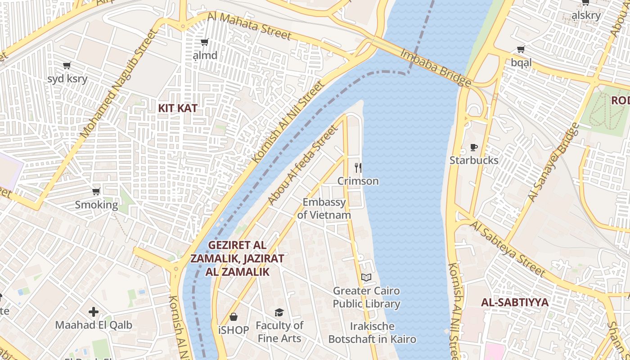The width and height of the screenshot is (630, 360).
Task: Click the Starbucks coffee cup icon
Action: [x=473, y=147]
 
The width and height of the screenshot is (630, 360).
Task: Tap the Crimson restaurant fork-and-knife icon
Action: [x=358, y=168]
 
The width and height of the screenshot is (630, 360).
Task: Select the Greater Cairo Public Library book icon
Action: [x=366, y=277]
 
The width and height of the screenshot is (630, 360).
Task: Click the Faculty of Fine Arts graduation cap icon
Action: [x=279, y=312]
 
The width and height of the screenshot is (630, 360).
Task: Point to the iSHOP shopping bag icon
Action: [x=233, y=317]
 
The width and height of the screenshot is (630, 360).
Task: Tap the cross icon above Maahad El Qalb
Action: [x=94, y=311]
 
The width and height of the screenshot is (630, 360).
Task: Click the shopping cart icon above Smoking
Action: [x=96, y=192]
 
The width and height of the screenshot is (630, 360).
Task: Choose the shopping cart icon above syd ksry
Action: [x=67, y=66]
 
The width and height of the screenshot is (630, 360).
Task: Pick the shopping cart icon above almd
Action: [x=204, y=42]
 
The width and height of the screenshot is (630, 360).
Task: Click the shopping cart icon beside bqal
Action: [x=521, y=49]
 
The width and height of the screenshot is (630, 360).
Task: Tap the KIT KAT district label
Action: [x=178, y=108]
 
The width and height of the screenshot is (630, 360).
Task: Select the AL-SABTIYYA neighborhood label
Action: [x=515, y=302]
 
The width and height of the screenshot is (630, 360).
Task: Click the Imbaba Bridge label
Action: [x=436, y=67]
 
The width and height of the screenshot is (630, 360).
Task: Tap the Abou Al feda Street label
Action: [x=302, y=166]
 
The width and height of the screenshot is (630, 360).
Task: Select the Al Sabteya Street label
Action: [x=508, y=248]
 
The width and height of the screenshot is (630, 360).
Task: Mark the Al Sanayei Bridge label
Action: [x=553, y=162]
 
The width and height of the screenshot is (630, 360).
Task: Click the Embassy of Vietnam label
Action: [x=324, y=208]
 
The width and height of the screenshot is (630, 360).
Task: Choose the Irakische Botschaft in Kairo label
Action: [x=372, y=333]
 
